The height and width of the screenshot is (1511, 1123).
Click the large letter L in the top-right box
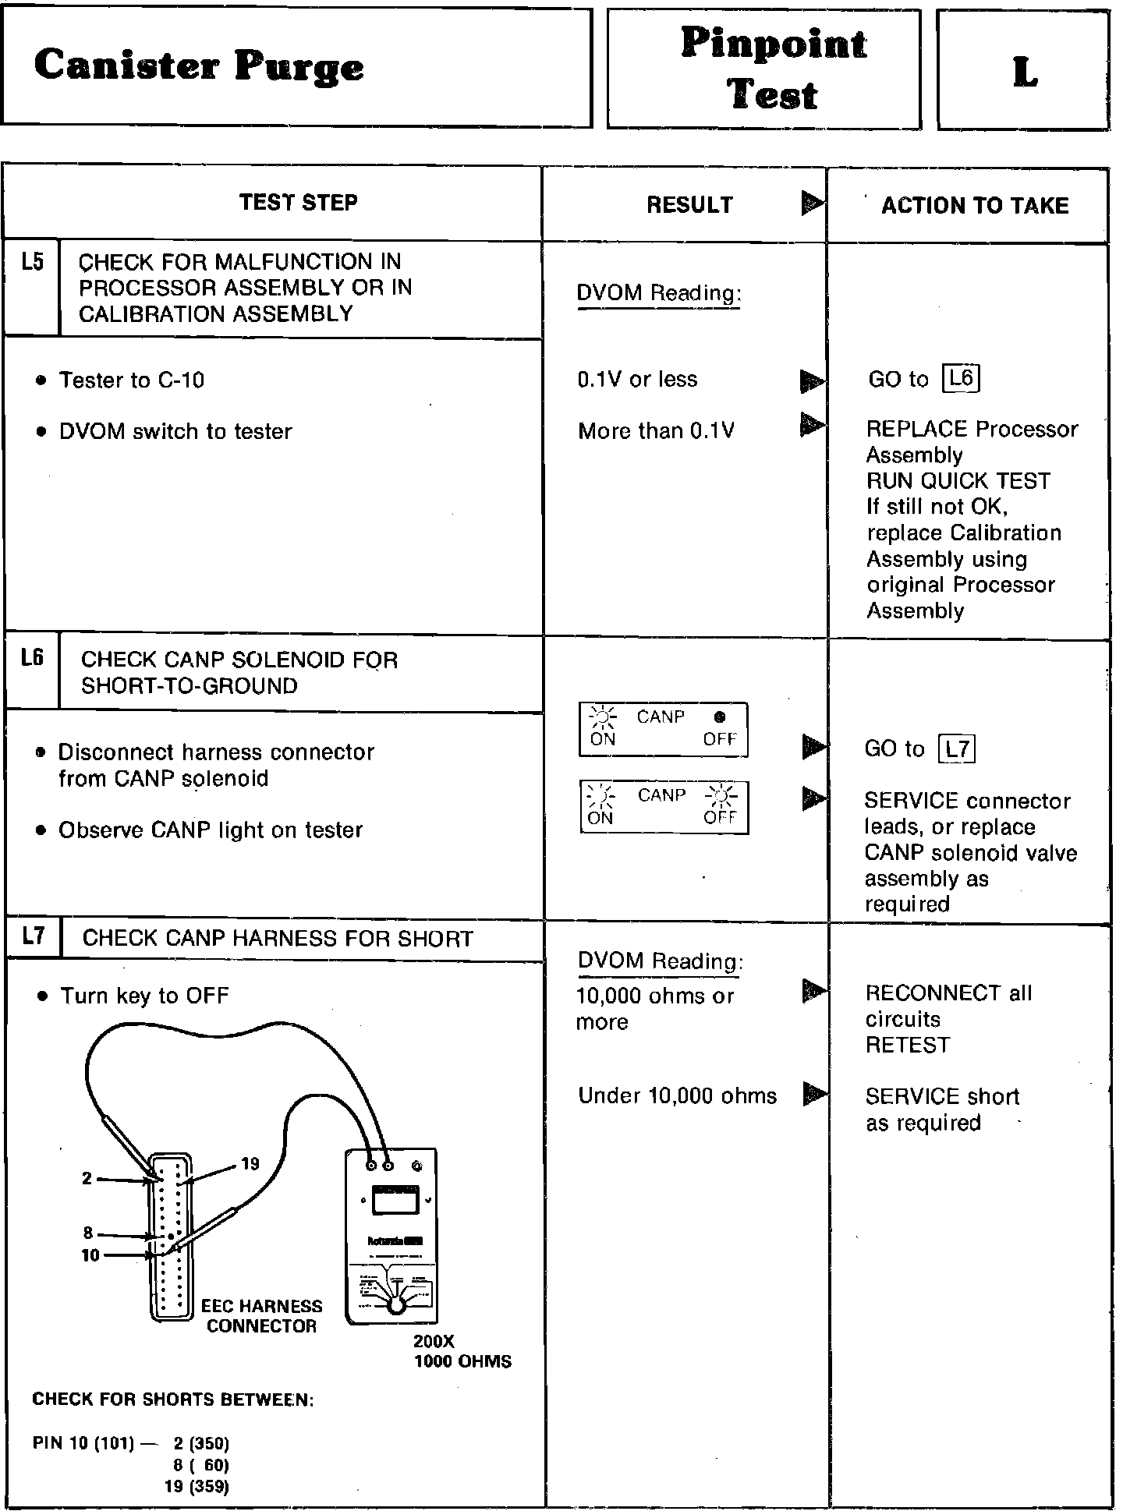tap(1025, 72)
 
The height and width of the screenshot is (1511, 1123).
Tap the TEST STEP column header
tap(298, 203)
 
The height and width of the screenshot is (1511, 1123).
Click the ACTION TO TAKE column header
tap(975, 206)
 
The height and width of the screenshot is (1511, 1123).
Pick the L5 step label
tap(32, 263)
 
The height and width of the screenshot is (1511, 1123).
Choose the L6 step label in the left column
tap(32, 659)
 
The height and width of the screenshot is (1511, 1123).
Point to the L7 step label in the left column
tap(34, 936)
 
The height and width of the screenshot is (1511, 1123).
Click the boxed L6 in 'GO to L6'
tap(961, 379)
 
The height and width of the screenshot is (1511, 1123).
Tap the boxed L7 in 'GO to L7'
tap(957, 749)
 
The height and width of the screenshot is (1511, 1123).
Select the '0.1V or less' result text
tap(637, 380)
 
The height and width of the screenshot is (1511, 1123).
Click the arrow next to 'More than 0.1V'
tap(813, 426)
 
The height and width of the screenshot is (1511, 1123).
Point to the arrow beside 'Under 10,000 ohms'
tap(814, 1094)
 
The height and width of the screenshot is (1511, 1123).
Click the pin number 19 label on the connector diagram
tap(250, 1164)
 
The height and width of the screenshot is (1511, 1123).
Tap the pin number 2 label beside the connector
tap(87, 1178)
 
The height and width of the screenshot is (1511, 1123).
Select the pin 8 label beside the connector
tap(88, 1233)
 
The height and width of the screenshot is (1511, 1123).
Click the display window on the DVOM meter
tap(395, 1200)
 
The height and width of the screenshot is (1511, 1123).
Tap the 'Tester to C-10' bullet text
tap(132, 380)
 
